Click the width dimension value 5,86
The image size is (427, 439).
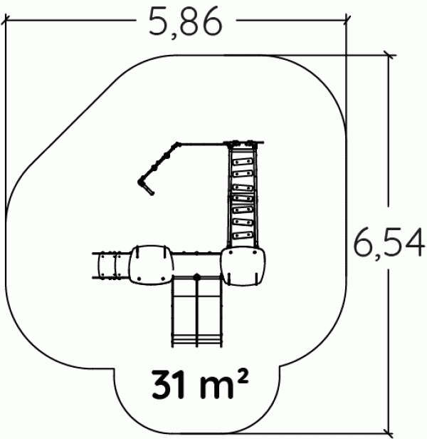186,22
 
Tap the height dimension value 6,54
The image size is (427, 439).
389,243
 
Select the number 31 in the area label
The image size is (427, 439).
169,384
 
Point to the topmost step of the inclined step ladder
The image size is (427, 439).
243,162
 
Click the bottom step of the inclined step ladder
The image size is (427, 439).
243,235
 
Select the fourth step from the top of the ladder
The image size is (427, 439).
243,199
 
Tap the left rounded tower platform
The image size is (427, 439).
152,265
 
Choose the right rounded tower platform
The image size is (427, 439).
243,267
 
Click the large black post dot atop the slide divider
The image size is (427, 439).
197,277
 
